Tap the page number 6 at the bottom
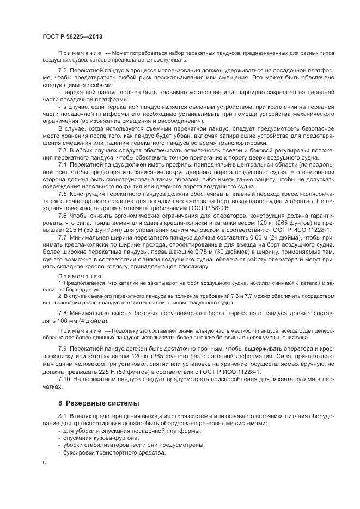[x=44, y=462]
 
